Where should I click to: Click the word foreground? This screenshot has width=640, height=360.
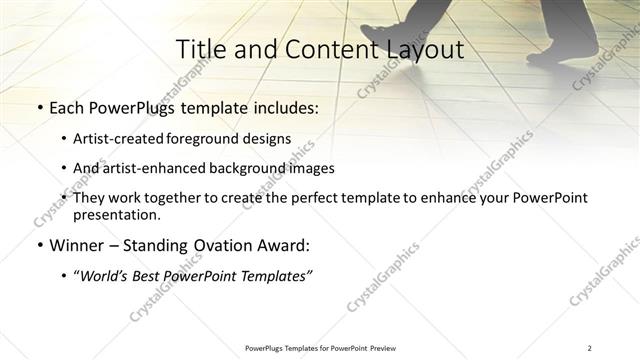(220, 138)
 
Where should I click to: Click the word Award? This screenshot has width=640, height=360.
(285, 245)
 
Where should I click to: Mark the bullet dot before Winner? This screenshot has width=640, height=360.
(39, 245)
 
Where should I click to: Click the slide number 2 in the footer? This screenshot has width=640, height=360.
(590, 348)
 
